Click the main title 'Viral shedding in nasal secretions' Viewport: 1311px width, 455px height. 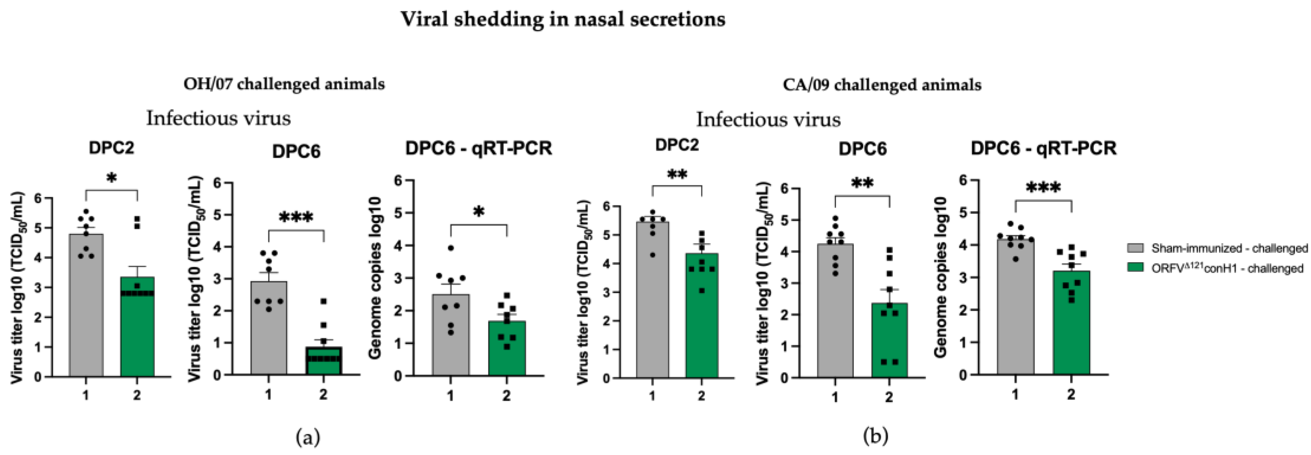[563, 20]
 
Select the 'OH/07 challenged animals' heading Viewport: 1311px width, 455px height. [284, 84]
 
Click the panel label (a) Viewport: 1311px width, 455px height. [308, 437]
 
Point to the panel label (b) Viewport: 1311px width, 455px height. [876, 436]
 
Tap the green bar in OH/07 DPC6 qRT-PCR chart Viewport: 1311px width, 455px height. [507, 351]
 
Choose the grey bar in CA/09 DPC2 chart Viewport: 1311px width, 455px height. [652, 305]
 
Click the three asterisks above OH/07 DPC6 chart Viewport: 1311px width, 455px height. [296, 217]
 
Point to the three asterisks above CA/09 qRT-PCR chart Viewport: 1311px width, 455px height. [1043, 188]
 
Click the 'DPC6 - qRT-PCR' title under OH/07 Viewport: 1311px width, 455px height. [479, 149]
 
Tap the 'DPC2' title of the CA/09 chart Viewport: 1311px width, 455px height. [677, 145]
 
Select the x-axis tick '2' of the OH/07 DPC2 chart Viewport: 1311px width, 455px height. [137, 395]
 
